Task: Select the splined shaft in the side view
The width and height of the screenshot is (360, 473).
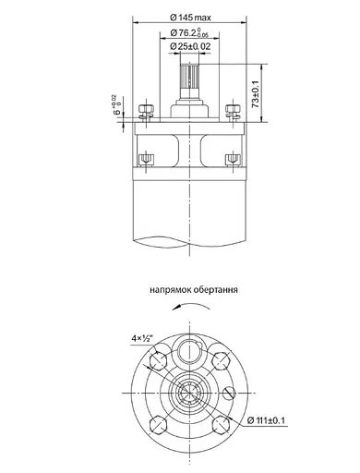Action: (191, 84)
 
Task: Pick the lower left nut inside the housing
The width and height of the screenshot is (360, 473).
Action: (146, 159)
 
